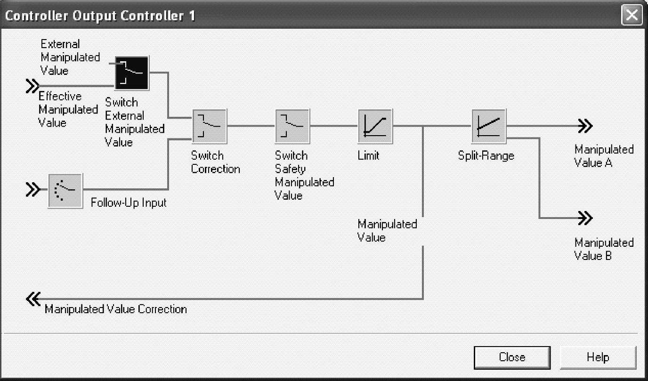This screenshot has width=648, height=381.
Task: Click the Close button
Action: [x=512, y=357]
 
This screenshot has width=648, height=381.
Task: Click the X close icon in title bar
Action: [x=632, y=16]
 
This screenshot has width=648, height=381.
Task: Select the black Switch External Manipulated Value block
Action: [x=131, y=73]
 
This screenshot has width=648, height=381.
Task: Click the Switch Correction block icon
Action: [x=209, y=126]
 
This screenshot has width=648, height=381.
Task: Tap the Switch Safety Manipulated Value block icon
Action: [x=292, y=126]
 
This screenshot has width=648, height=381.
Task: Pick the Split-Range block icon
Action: [x=488, y=126]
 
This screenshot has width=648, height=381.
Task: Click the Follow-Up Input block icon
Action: [x=65, y=190]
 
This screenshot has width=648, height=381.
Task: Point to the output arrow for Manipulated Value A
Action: [x=584, y=126]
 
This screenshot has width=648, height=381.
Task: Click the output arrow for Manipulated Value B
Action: [x=584, y=218]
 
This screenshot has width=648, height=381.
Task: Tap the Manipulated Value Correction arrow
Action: [x=33, y=299]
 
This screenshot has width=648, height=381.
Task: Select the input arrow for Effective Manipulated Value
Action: [x=32, y=86]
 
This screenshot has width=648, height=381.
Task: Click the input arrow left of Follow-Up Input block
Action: [x=32, y=190]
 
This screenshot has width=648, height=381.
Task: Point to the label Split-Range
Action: [x=486, y=155]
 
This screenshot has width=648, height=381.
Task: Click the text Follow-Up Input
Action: [x=129, y=203]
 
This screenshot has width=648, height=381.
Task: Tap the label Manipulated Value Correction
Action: [x=116, y=309]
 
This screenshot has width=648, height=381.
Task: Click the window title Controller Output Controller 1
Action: [x=100, y=16]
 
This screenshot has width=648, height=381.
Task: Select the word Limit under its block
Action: [x=368, y=155]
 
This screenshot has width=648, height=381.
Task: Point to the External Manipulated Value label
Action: [x=70, y=57]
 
